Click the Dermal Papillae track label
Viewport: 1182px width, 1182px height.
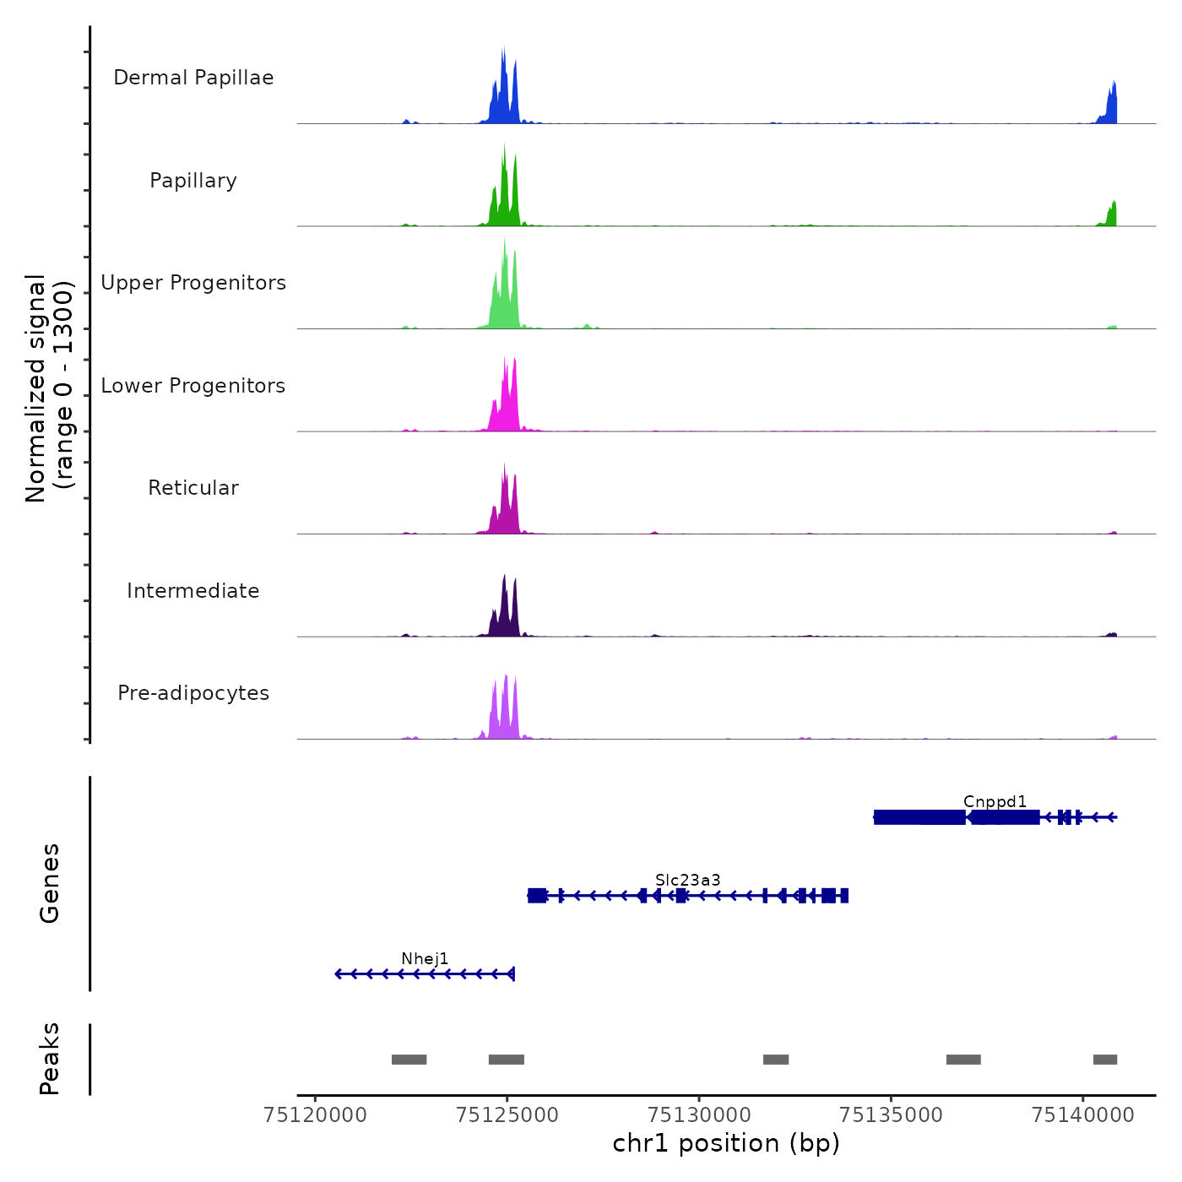[193, 78]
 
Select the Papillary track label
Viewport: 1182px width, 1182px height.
[193, 181]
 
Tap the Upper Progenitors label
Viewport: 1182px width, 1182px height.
[193, 283]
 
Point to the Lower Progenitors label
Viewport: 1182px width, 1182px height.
[193, 386]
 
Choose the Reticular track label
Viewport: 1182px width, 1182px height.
[193, 488]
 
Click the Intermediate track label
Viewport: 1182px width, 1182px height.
[193, 591]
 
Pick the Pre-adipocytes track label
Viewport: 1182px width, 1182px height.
[193, 693]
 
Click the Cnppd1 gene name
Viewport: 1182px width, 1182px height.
[995, 801]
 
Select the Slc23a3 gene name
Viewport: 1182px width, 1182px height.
[687, 880]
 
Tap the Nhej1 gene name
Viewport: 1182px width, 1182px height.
[425, 958]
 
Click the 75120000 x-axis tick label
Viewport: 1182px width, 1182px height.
[315, 1115]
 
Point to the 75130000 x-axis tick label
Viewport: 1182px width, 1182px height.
[699, 1115]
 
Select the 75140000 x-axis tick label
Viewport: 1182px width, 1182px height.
[1082, 1115]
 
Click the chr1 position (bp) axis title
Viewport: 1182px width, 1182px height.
[726, 1143]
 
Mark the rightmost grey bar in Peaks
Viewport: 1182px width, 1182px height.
[1104, 1060]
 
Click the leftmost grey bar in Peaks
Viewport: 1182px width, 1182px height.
[409, 1060]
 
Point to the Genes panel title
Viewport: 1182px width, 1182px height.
[49, 883]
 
